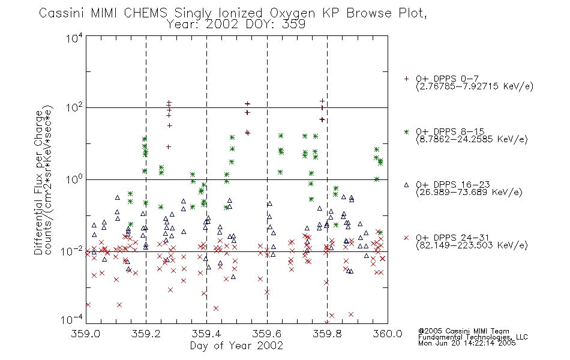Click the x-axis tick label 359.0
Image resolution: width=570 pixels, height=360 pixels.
85,334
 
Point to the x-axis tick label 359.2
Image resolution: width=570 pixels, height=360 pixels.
146,334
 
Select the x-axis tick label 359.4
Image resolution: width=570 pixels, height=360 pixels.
206,334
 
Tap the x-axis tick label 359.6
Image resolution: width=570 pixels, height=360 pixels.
267,334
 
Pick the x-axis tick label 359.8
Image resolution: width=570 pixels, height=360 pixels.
327,334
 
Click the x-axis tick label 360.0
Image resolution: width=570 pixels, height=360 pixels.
388,334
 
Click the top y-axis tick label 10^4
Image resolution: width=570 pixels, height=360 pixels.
74,38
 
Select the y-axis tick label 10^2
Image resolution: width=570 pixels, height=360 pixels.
74,107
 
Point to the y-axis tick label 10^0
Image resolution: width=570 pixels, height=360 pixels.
74,179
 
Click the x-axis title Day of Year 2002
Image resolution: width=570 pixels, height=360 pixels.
236,346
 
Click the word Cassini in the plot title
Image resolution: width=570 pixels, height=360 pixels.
62,13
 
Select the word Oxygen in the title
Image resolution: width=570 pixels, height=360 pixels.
292,14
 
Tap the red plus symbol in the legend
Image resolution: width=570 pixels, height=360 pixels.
406,79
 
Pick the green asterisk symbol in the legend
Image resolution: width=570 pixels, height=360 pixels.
406,131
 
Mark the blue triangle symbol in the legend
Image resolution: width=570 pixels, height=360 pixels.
406,185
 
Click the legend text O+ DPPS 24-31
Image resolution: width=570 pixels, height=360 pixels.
452,238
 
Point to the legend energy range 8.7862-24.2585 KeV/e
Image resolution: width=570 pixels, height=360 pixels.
472,139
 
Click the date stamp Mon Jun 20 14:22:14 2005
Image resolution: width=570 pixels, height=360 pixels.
467,343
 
